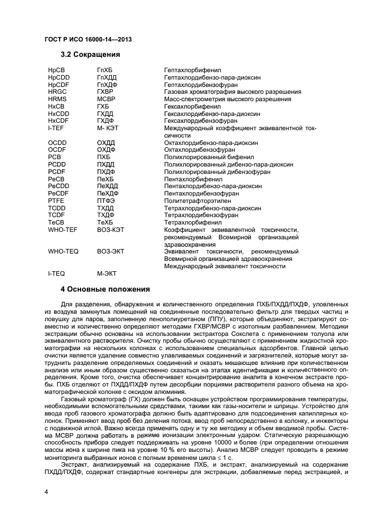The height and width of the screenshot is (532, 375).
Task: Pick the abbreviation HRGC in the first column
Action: click(x=58, y=92)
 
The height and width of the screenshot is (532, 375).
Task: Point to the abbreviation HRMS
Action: click(x=58, y=99)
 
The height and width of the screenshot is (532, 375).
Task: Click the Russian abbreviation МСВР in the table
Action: click(x=106, y=99)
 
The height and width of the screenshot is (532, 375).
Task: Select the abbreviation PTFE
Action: click(x=57, y=201)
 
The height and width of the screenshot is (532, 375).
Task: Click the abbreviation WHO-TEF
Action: click(x=63, y=230)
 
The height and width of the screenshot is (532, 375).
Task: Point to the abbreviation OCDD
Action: click(x=58, y=143)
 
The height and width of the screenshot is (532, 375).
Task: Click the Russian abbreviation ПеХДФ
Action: click(x=108, y=194)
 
